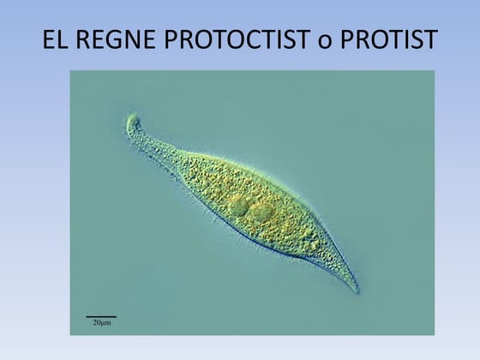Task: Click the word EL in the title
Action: [55, 39]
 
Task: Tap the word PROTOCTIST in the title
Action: [237, 39]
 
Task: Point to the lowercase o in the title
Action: [325, 43]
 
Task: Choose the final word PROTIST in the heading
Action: [389, 39]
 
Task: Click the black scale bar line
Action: [101, 317]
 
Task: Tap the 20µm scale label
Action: [102, 322]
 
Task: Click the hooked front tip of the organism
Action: [132, 118]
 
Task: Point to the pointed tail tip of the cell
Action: [357, 291]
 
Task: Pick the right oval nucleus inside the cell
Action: [261, 213]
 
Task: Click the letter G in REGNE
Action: [111, 39]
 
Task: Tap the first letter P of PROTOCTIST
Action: [171, 39]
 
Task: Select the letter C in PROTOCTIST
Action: [247, 39]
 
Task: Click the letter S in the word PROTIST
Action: [416, 39]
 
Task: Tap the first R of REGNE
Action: [81, 39]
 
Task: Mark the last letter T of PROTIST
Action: [430, 39]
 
